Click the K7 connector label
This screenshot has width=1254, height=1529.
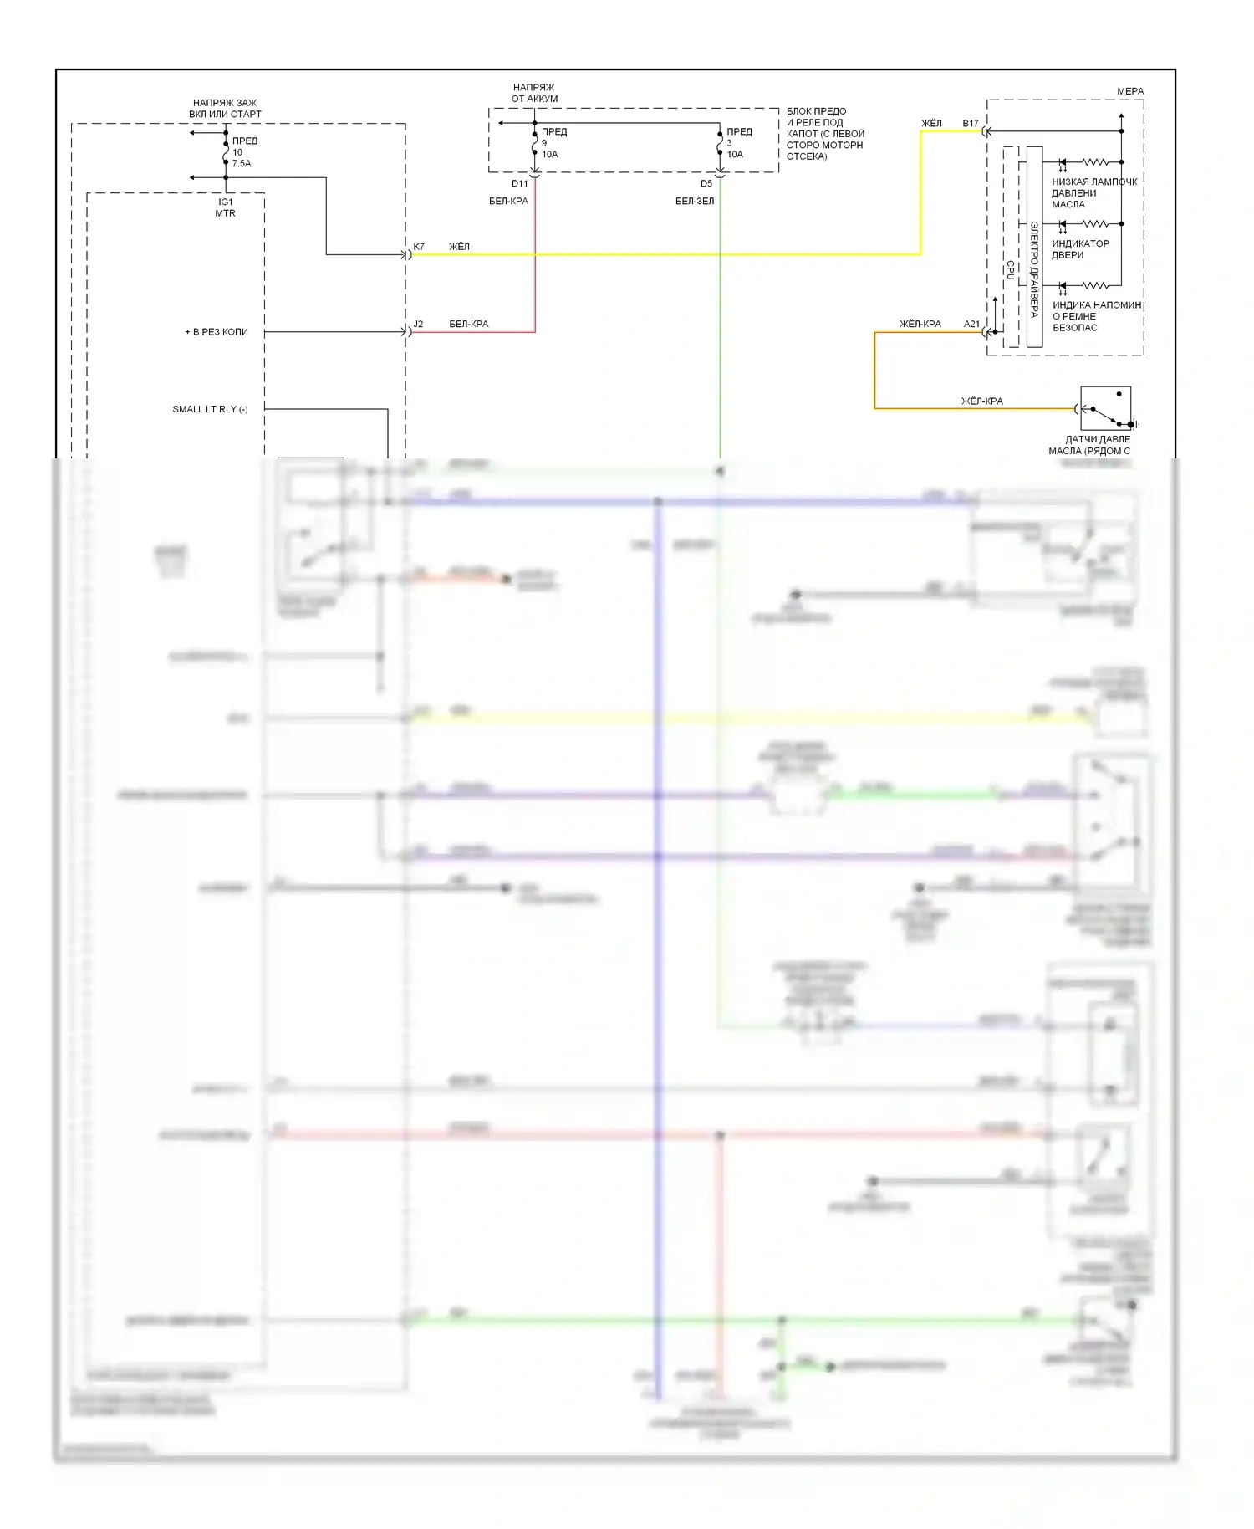tap(419, 247)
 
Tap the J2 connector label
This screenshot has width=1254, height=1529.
tap(418, 324)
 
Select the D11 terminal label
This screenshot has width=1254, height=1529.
tap(520, 184)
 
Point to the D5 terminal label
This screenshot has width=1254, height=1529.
tap(706, 184)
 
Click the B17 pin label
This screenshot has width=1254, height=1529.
tap(970, 123)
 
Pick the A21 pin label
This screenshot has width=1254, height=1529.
tap(971, 324)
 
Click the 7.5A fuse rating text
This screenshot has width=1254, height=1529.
tap(242, 164)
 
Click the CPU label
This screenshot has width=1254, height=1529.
tap(1011, 269)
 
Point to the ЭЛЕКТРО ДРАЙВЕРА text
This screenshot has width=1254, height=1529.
tap(1034, 269)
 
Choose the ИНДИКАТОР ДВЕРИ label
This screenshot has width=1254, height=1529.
tap(1080, 249)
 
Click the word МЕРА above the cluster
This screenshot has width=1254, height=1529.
tap(1130, 91)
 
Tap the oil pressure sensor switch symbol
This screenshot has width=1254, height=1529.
tap(1106, 409)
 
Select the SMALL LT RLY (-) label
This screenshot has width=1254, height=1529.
tap(210, 409)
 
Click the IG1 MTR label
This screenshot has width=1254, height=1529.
tap(226, 207)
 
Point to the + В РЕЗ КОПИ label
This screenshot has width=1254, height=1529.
tap(217, 332)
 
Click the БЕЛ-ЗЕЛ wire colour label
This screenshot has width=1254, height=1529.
tap(695, 201)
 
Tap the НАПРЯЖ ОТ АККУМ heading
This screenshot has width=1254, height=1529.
tap(534, 93)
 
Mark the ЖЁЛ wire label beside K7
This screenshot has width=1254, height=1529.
tap(459, 247)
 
